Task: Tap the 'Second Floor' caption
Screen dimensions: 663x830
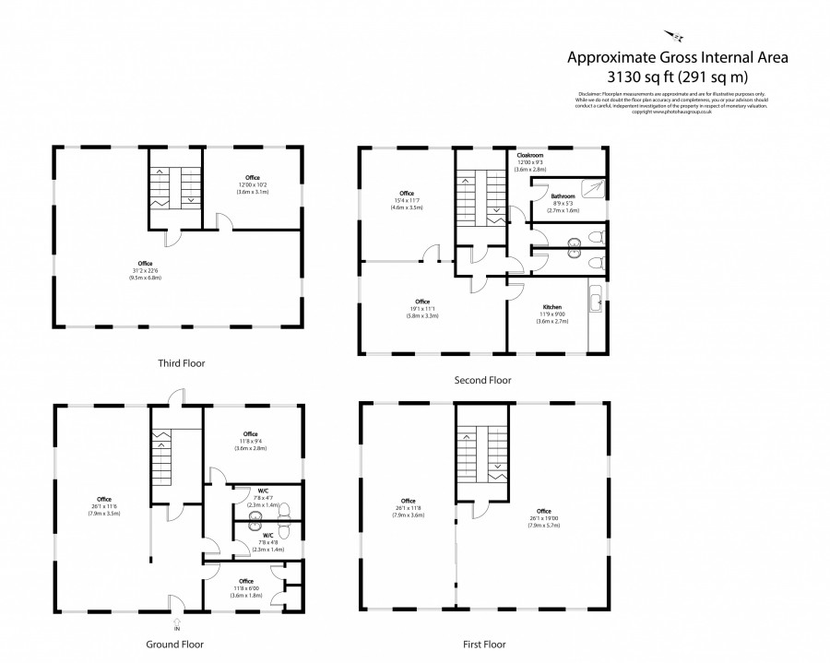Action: click(x=481, y=379)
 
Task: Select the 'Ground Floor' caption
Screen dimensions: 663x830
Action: click(x=175, y=645)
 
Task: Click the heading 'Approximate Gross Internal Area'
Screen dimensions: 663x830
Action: click(x=677, y=58)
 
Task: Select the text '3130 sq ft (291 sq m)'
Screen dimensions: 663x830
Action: click(x=677, y=77)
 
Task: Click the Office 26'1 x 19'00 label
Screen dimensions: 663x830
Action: click(x=543, y=515)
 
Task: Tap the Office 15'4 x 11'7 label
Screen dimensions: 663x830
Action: click(x=406, y=197)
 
